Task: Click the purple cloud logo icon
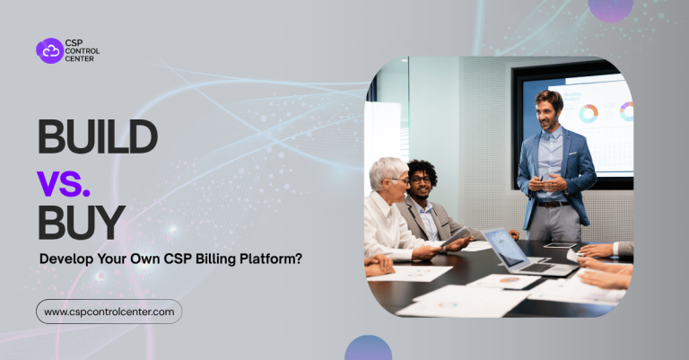coord(49,51)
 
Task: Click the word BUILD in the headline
coord(97,136)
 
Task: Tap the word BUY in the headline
coord(81,221)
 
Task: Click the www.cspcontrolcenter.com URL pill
coord(109,312)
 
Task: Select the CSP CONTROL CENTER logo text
coord(83,51)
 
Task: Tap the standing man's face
coord(548,110)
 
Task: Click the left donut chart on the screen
coord(589,114)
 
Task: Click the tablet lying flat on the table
coord(560,245)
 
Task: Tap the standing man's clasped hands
coord(546,182)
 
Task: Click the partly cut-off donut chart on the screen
coord(626,111)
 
